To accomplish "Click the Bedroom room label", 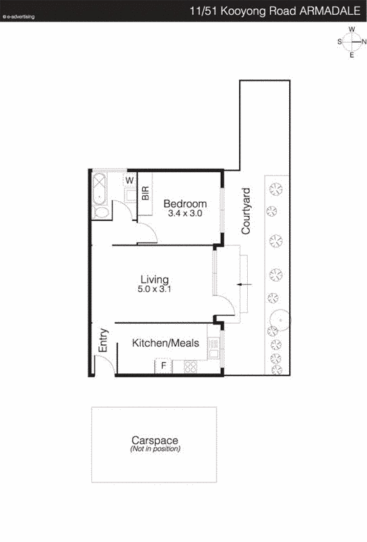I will tap(185, 203).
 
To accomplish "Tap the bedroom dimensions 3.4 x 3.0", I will tap(185, 213).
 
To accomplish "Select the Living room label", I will tap(154, 279).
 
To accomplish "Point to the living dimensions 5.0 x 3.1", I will tap(154, 289).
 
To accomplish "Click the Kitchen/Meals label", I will tap(165, 343).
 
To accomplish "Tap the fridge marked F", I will tap(163, 367).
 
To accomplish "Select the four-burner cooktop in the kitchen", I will tap(190, 367).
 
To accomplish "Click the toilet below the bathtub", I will tap(101, 212).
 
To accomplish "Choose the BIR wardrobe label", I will tap(146, 192).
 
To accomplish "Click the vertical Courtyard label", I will tap(246, 211).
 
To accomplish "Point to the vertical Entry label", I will tap(104, 340).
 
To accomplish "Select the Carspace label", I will tap(154, 440).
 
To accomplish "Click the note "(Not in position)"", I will tap(154, 449).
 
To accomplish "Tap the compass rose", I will tap(352, 42).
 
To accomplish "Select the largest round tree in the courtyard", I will tap(278, 319).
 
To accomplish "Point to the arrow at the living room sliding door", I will tap(244, 284).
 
